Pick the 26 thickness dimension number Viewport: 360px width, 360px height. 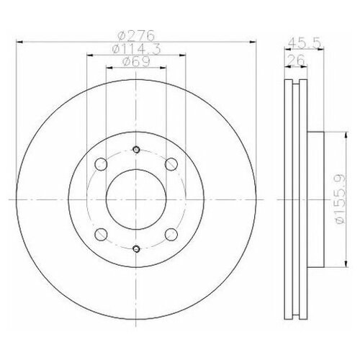pos(295,58)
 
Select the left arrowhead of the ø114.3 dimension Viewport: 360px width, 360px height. pos(88,55)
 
